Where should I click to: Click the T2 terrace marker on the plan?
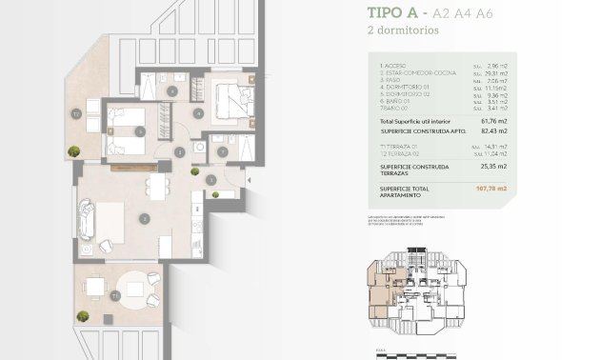[x=76, y=113]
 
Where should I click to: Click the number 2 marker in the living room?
[x=143, y=218]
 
